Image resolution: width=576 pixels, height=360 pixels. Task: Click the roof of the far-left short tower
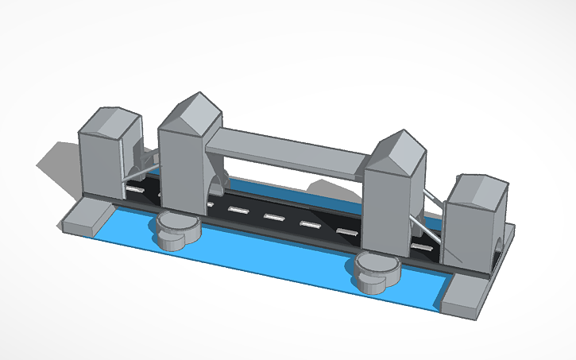pos(110,122)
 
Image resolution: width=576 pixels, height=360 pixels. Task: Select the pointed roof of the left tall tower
pos(191,111)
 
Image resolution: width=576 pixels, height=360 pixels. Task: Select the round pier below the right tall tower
pos(377,268)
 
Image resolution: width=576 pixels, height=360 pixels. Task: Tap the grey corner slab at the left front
pos(86,216)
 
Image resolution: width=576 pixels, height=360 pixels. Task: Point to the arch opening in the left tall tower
pos(217,184)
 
